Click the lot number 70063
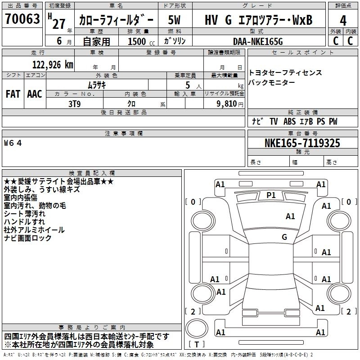click(22, 20)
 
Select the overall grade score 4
click(343, 21)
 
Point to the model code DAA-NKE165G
click(258, 41)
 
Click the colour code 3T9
click(74, 103)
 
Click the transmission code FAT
click(13, 94)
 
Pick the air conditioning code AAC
click(34, 94)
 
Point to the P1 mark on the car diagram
click(271, 195)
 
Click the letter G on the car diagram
click(284, 237)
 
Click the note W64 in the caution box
click(13, 143)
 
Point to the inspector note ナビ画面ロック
click(28, 238)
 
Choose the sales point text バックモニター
click(272, 82)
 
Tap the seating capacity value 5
click(187, 85)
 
